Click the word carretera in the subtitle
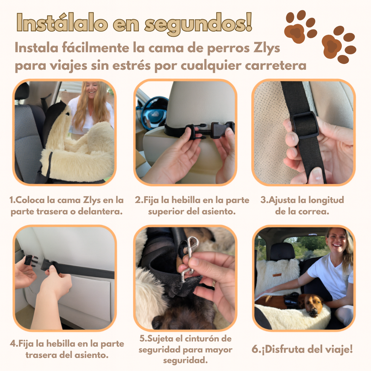[276, 66]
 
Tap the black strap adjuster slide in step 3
[306, 125]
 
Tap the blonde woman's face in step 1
[92, 89]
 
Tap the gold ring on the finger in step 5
[214, 283]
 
